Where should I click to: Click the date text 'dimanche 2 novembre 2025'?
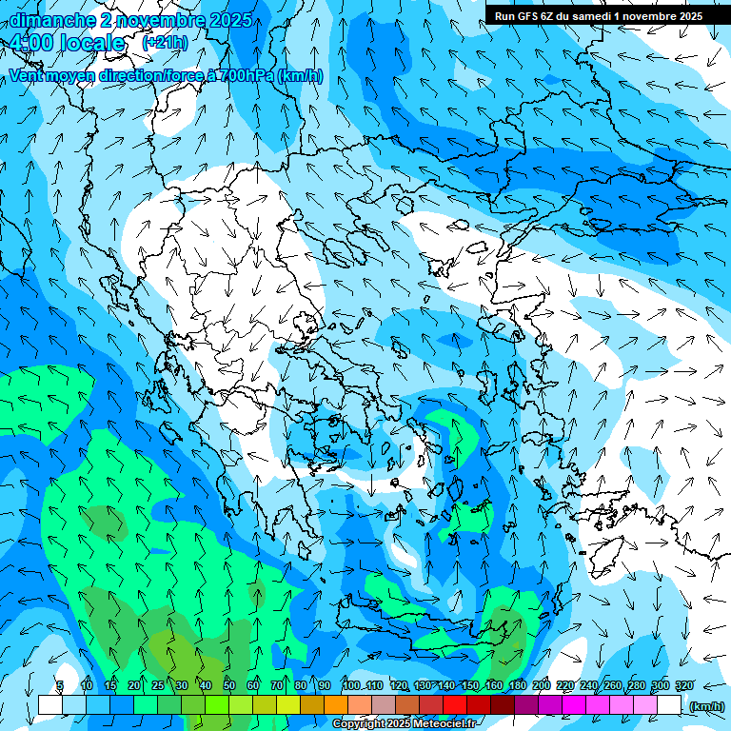(131, 20)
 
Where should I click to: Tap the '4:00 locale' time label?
(67, 44)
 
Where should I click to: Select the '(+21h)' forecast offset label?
(165, 43)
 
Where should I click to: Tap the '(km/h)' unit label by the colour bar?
(705, 706)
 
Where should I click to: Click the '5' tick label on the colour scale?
(60, 686)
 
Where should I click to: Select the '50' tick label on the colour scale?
(229, 686)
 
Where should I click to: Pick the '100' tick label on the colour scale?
(350, 686)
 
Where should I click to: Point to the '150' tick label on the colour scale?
(470, 686)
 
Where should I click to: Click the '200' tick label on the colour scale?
(542, 686)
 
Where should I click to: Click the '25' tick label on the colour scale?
(157, 686)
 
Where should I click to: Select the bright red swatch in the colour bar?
(455, 704)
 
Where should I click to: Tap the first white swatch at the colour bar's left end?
(49, 704)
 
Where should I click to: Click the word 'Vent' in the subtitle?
(28, 75)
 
